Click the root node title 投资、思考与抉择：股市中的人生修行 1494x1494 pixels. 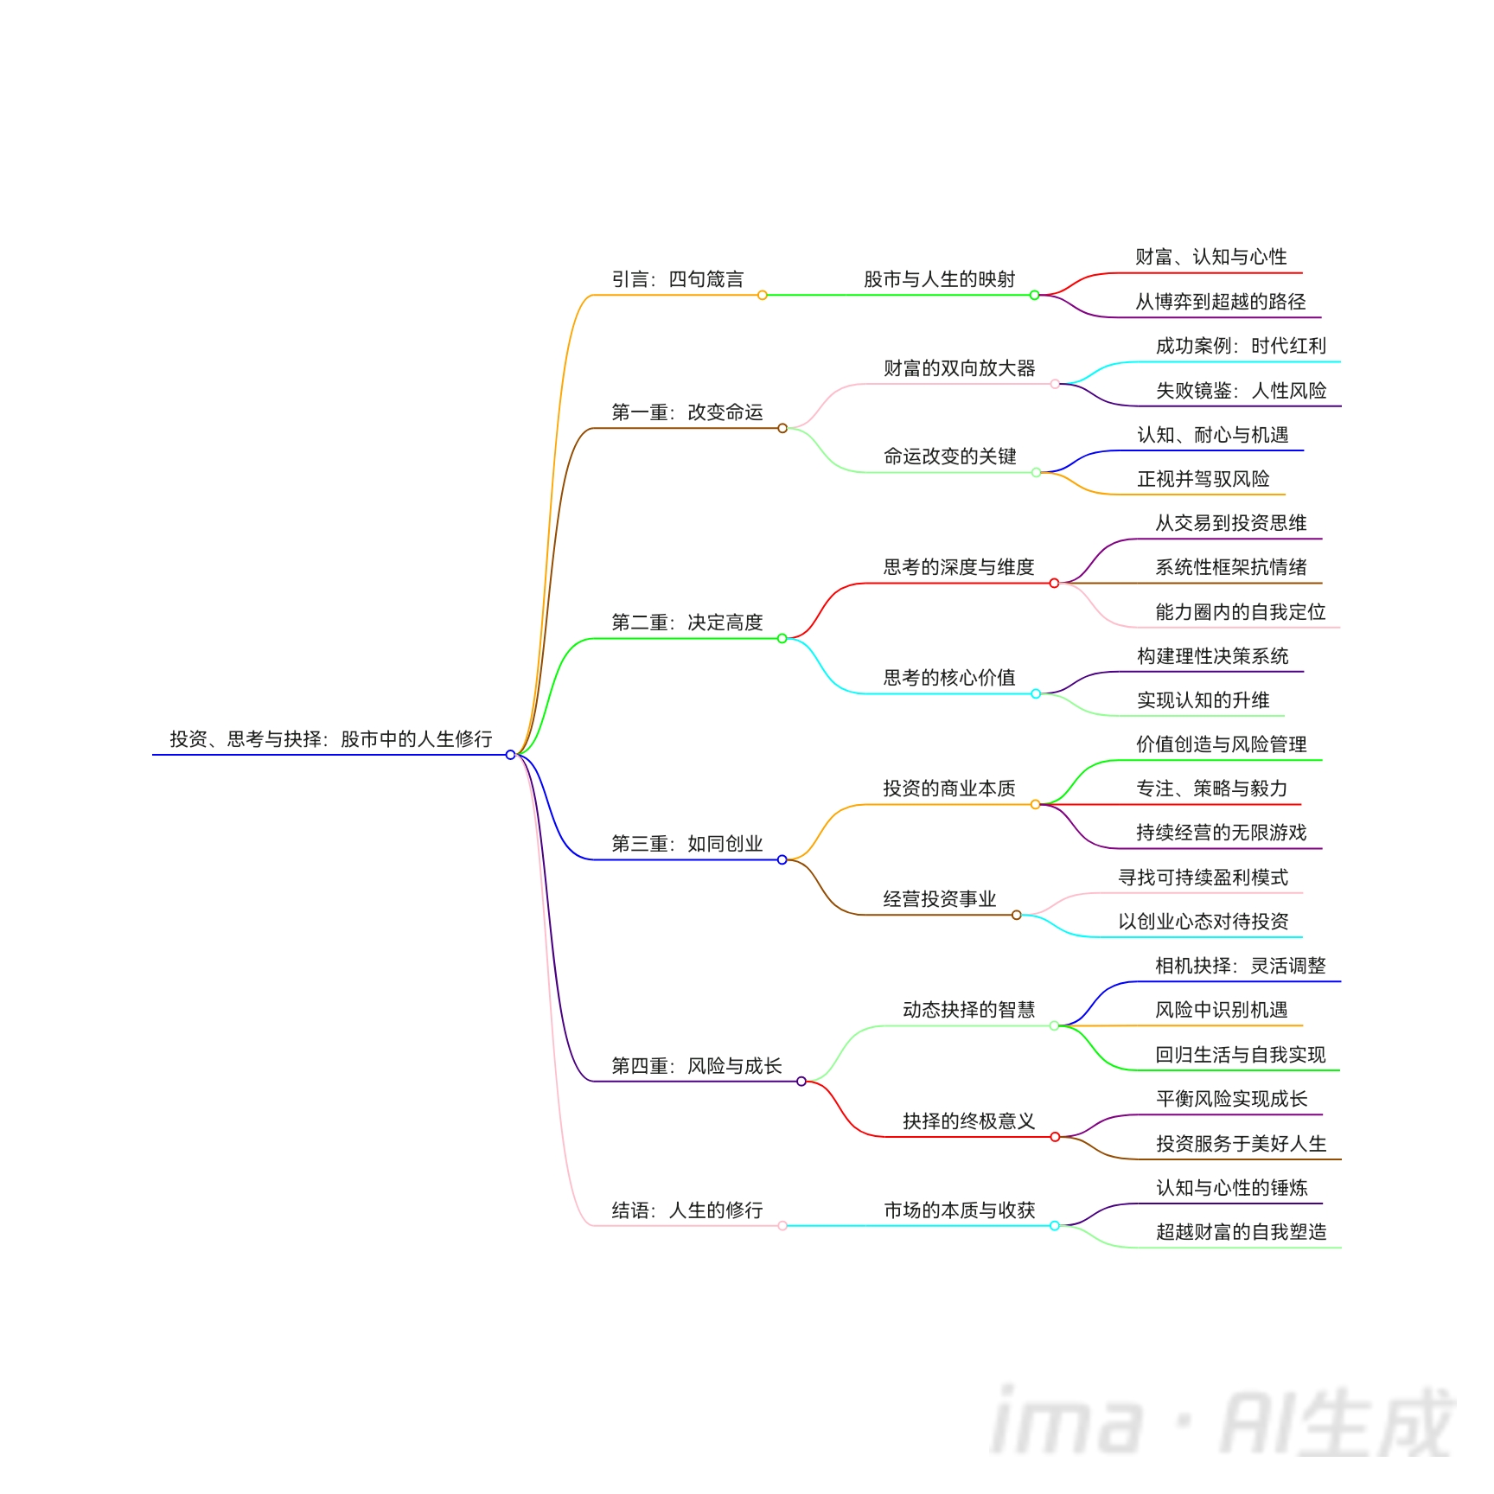pyautogui.click(x=330, y=739)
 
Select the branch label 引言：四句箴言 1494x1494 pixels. pyautogui.click(x=677, y=279)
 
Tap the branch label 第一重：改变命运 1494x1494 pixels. pyautogui.click(x=686, y=412)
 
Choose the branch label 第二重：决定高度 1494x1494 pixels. pyautogui.click(x=686, y=622)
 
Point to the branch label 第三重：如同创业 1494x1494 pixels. pyautogui.click(x=686, y=844)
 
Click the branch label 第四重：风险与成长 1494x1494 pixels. pyautogui.click(x=696, y=1066)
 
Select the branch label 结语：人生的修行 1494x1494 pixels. pyautogui.click(x=686, y=1210)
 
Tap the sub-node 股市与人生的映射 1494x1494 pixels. pyautogui.click(x=939, y=279)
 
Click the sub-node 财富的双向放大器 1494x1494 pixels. pyautogui.click(x=959, y=368)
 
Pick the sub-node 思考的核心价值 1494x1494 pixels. pyautogui.click(x=949, y=678)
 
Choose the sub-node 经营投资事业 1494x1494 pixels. pyautogui.click(x=939, y=899)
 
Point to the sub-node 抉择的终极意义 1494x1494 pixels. pyautogui.click(x=968, y=1121)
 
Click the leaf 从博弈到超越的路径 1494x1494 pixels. pyautogui.click(x=1220, y=302)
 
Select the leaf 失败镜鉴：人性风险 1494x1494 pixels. pyautogui.click(x=1241, y=391)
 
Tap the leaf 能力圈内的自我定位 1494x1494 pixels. pyautogui.click(x=1240, y=612)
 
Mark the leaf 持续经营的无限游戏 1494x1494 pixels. pyautogui.click(x=1221, y=833)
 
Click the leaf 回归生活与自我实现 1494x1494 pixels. pyautogui.click(x=1240, y=1055)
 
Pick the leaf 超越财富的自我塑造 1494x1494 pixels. pyautogui.click(x=1241, y=1232)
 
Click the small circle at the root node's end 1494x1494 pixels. pyautogui.click(x=510, y=755)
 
